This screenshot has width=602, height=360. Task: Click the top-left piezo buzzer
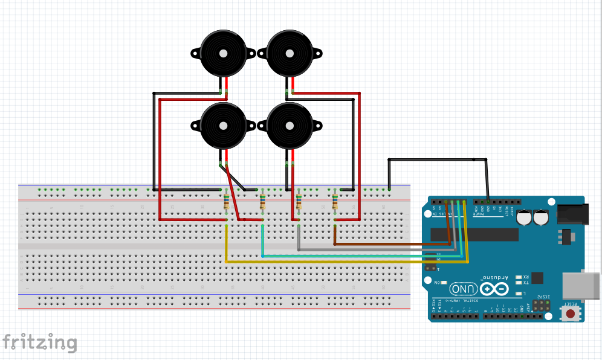click(x=223, y=53)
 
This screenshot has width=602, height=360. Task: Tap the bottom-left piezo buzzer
click(x=223, y=126)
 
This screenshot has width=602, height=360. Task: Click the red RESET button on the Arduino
click(x=570, y=313)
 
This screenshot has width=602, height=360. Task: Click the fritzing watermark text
click(x=39, y=342)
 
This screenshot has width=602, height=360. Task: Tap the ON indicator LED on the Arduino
click(x=444, y=283)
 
